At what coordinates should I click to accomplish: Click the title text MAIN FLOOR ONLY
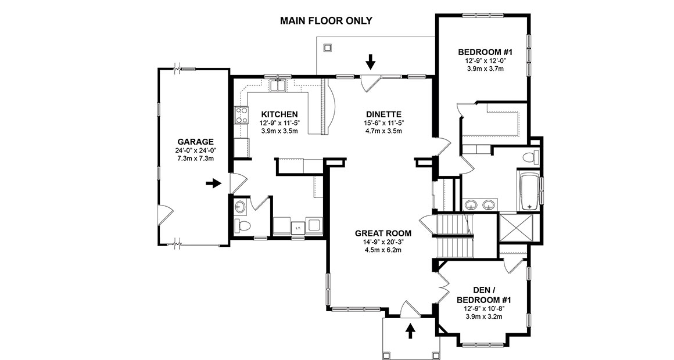click(x=326, y=21)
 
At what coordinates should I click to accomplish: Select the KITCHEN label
click(x=279, y=114)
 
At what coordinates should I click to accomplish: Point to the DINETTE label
click(x=384, y=114)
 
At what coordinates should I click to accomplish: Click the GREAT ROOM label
click(x=379, y=233)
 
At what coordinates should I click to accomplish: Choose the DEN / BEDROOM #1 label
click(x=484, y=294)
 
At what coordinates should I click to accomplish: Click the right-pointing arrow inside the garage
click(x=214, y=183)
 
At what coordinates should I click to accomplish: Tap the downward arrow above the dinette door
click(x=371, y=60)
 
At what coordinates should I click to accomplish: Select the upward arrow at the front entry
click(x=410, y=330)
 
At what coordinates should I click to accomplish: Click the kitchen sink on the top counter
click(x=277, y=86)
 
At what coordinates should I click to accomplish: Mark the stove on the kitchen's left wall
click(x=239, y=115)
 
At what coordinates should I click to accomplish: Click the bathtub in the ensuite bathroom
click(x=528, y=191)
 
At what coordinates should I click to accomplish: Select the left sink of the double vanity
click(x=472, y=204)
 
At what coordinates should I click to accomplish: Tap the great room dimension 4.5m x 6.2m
click(x=379, y=250)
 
